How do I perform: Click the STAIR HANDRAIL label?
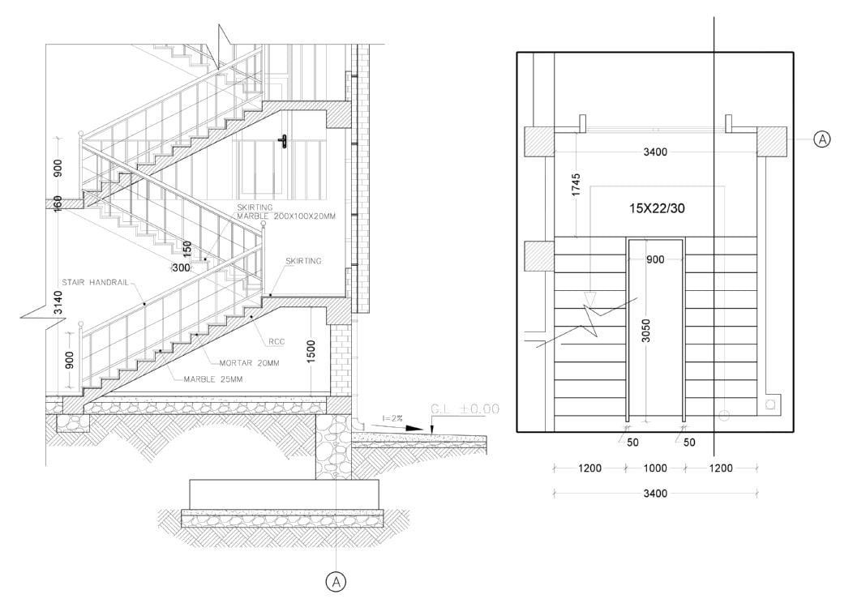point(95,282)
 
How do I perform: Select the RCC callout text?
point(276,341)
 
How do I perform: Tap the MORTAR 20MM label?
point(249,362)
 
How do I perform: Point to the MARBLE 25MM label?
point(213,379)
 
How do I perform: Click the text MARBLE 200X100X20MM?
point(286,216)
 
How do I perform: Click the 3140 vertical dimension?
point(58,303)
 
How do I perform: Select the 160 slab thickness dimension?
point(58,204)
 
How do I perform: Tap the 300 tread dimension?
point(181,267)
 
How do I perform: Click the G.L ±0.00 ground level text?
point(465,408)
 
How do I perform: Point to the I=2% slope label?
point(392,418)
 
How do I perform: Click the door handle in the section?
point(284,141)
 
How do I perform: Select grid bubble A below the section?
point(336,582)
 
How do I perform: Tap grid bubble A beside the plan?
point(822,139)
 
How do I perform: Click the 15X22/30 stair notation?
point(657,208)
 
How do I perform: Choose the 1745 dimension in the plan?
point(577,186)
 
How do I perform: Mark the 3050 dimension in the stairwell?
point(645,331)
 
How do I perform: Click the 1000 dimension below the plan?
point(655,468)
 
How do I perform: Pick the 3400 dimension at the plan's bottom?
point(655,494)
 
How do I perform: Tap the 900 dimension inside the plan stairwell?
point(655,260)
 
